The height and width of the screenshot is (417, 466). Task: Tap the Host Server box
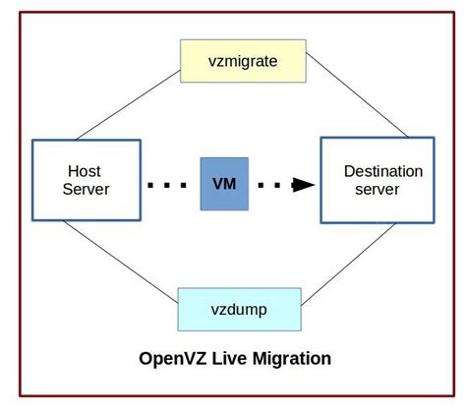click(x=86, y=179)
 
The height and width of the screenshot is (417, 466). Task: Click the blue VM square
click(x=224, y=183)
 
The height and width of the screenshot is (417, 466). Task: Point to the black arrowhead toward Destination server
click(x=306, y=184)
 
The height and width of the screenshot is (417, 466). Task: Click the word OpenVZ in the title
click(x=167, y=358)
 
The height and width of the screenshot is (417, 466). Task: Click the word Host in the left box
click(x=86, y=170)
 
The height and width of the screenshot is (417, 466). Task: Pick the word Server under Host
click(x=86, y=189)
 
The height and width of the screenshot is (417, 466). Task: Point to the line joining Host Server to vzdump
click(x=118, y=259)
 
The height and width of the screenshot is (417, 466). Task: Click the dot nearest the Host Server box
click(x=150, y=184)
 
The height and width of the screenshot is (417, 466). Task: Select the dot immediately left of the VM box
click(x=186, y=184)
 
